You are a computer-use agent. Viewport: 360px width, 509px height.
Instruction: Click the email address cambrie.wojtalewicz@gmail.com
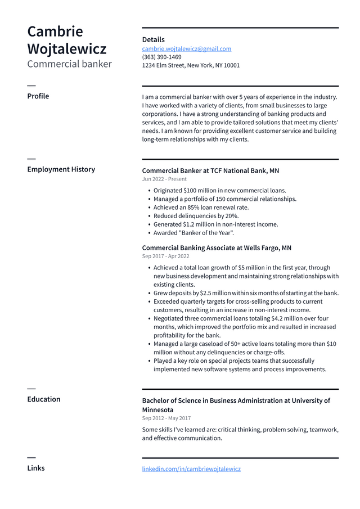[186, 49]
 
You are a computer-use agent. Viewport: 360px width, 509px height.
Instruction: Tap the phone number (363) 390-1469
[161, 57]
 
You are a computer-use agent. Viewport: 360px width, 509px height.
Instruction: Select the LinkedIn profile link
[191, 469]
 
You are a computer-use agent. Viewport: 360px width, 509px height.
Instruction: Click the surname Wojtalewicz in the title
[66, 49]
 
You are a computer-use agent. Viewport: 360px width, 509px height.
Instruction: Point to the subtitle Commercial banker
[69, 64]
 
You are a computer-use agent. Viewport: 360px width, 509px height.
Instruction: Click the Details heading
[153, 39]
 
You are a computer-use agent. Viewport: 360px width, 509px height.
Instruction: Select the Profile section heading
[38, 96]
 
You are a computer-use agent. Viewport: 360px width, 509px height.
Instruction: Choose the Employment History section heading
[61, 169]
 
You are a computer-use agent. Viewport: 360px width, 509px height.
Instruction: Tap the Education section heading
[43, 399]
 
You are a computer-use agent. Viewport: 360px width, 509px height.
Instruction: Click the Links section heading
[35, 468]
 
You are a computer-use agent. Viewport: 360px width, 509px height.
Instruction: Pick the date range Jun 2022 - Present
[164, 179]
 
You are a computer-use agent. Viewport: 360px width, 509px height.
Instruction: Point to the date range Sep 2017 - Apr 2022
[165, 256]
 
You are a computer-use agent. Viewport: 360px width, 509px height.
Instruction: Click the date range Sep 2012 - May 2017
[166, 418]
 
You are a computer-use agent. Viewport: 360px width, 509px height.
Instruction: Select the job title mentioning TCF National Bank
[210, 170]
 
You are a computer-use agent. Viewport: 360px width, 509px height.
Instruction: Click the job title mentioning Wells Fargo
[217, 248]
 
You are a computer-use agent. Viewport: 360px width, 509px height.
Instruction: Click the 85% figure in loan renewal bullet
[196, 208]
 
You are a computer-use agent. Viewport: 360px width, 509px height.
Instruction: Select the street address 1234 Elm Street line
[191, 65]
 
